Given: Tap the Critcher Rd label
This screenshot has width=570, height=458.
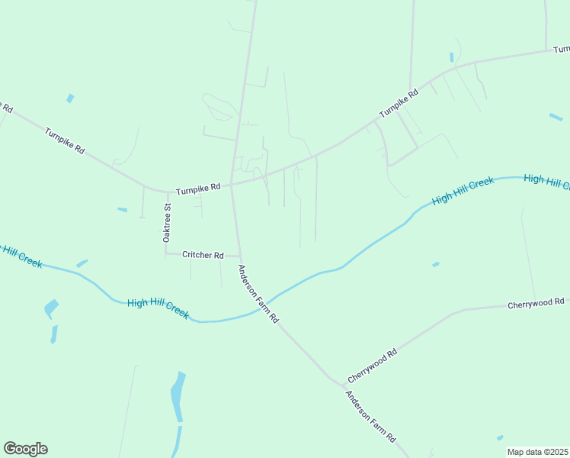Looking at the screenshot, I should tap(203, 255).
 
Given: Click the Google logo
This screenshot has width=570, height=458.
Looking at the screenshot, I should tap(25, 449).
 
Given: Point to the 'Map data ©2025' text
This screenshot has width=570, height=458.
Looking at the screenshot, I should tap(537, 452).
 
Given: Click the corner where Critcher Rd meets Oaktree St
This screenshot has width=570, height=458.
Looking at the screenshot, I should tap(167, 253).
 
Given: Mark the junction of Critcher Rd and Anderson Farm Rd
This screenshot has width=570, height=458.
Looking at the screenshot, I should tap(239, 256).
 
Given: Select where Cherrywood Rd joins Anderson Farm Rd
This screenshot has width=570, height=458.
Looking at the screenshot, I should tap(337, 383).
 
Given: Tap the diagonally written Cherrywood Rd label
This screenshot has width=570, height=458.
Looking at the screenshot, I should tap(373, 366).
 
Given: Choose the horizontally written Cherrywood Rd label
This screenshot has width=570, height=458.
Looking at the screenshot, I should tap(536, 304).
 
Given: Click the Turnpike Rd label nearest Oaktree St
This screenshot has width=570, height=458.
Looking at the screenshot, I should tap(197, 187).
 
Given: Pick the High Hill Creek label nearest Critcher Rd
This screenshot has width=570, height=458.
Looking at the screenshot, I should tap(158, 308).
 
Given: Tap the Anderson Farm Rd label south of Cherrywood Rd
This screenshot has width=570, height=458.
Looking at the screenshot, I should tap(371, 418).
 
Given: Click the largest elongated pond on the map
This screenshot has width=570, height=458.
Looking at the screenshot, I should tap(177, 396).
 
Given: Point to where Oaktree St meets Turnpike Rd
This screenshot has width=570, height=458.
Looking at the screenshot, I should tap(166, 192).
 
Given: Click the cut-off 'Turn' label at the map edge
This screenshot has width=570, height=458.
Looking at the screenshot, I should tap(561, 49).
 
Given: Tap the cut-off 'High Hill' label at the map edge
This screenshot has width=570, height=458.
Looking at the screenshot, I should tap(546, 181).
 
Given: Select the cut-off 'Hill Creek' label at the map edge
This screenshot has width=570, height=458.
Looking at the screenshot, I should tap(21, 255).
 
